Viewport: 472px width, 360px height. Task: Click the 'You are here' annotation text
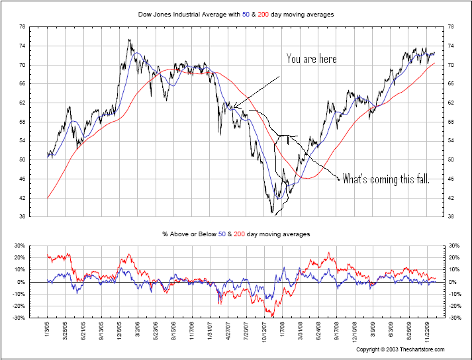coord(311,59)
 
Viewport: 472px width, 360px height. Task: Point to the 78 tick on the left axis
coord(22,27)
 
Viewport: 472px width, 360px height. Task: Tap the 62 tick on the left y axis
coord(22,103)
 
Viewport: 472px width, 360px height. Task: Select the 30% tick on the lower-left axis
coord(19,246)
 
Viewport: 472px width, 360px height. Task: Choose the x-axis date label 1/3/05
coord(48,331)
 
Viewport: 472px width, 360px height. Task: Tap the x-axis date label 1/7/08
coord(281,331)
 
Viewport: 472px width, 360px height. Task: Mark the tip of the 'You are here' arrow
coord(232,106)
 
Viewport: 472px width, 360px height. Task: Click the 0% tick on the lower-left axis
coord(21,282)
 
